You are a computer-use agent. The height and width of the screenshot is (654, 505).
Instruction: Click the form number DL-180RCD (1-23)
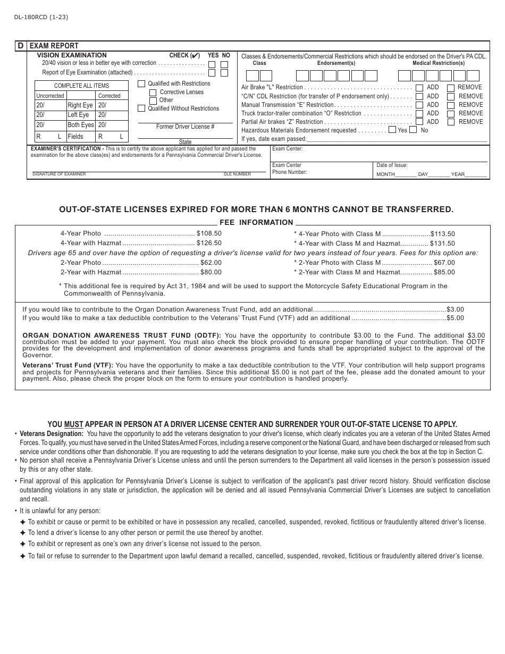coord(37,17)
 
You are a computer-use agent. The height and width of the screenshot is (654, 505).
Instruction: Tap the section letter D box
coord(21,46)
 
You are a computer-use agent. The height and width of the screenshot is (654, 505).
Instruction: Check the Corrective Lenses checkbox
coord(153,93)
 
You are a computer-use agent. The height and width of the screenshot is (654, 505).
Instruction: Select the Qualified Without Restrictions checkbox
coord(141,108)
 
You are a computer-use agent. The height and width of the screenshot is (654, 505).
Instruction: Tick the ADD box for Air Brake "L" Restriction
coord(419,88)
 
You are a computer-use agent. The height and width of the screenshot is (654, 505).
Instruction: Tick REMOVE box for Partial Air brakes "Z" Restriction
coord(451,122)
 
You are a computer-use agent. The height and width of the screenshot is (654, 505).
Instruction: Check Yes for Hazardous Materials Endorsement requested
coord(392,130)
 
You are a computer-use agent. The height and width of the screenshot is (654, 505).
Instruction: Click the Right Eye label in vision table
coord(80,105)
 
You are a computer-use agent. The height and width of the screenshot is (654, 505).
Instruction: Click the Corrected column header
coord(110,96)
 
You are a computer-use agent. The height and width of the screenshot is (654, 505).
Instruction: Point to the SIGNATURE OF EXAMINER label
coord(59,174)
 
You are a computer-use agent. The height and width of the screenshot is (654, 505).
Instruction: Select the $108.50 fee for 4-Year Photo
coord(209,233)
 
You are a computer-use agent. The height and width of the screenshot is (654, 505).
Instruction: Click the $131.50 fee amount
coord(442,244)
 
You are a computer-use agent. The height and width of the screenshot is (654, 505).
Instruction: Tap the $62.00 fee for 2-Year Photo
coord(211,263)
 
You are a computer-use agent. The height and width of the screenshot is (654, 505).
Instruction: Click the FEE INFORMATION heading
coord(256,223)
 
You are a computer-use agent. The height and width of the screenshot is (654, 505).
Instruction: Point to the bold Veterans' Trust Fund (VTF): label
coord(68,365)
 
